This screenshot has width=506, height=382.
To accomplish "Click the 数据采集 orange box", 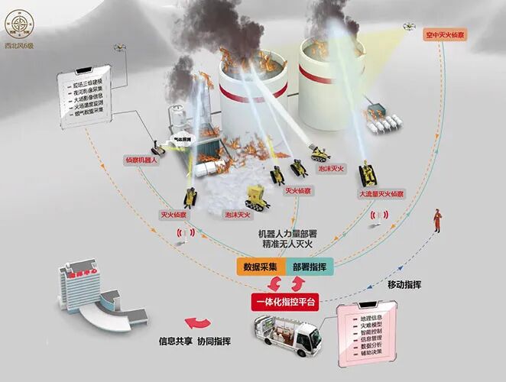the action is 260,267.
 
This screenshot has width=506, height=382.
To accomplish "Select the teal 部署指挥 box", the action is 310,267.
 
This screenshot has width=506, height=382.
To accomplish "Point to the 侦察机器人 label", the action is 141,160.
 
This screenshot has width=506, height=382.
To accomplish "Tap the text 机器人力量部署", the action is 284,233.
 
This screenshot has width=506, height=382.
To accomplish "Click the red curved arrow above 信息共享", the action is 200,323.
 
